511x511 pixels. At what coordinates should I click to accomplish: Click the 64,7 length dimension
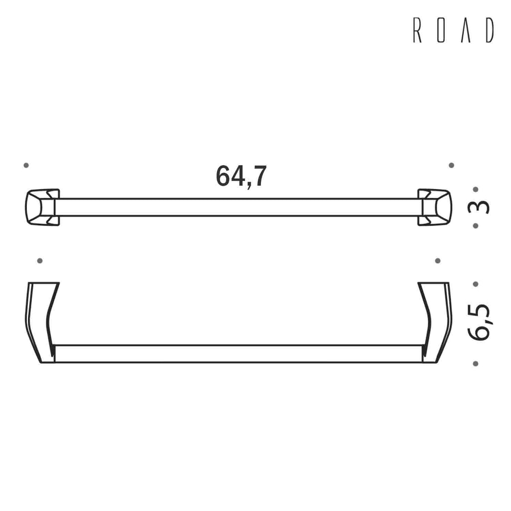click(x=242, y=176)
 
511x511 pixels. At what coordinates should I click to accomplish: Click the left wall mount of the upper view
click(x=42, y=207)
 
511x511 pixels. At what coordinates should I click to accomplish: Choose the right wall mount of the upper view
click(x=434, y=207)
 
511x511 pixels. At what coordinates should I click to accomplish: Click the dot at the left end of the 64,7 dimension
click(x=26, y=165)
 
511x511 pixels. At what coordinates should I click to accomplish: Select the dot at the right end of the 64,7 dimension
click(x=451, y=165)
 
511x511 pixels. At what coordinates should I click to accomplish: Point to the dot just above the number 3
click(x=476, y=190)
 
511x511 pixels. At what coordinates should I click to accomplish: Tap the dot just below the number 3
click(x=476, y=226)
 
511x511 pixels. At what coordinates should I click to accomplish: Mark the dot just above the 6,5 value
click(x=476, y=284)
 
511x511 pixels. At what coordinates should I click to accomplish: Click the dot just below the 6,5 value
click(x=476, y=364)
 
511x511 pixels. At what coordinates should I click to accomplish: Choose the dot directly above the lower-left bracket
click(x=40, y=260)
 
